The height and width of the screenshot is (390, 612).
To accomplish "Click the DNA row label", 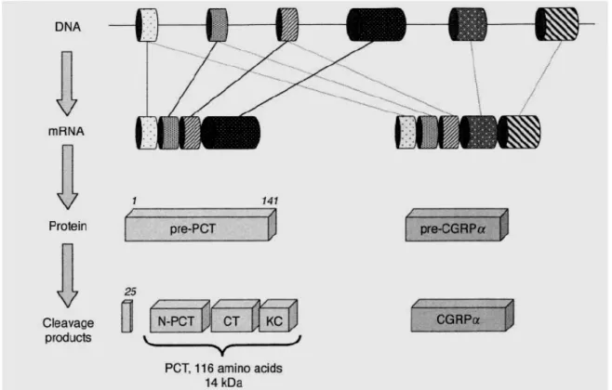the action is [68, 27].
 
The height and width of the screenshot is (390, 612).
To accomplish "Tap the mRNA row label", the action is [66, 131].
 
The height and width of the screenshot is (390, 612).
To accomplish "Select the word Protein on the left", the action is [68, 226].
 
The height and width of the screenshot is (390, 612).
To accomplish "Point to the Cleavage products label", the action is [68, 330].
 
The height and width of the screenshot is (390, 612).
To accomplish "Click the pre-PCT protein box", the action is [201, 226].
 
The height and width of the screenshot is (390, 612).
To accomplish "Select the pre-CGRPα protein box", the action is [457, 226].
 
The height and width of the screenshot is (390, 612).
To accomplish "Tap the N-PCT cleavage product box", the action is [180, 316].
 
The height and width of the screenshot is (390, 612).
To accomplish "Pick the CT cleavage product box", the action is [235, 316].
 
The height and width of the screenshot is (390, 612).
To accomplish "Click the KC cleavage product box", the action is [278, 316].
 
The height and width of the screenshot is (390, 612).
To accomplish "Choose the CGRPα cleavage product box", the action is [462, 316].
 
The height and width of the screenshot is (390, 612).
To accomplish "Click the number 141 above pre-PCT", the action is [270, 201].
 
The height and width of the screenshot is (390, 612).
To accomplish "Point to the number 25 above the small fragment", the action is [130, 292].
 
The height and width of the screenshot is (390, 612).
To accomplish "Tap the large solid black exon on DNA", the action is [377, 24].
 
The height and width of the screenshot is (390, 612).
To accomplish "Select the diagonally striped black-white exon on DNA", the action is [556, 24].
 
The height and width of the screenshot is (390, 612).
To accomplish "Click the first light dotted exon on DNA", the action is [147, 25].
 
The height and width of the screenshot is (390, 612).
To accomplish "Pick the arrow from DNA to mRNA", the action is [67, 84].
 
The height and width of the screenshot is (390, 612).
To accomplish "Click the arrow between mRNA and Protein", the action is [68, 177].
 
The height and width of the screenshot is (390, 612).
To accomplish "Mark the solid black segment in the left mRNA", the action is [231, 133].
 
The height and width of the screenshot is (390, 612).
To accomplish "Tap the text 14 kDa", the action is [223, 383].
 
